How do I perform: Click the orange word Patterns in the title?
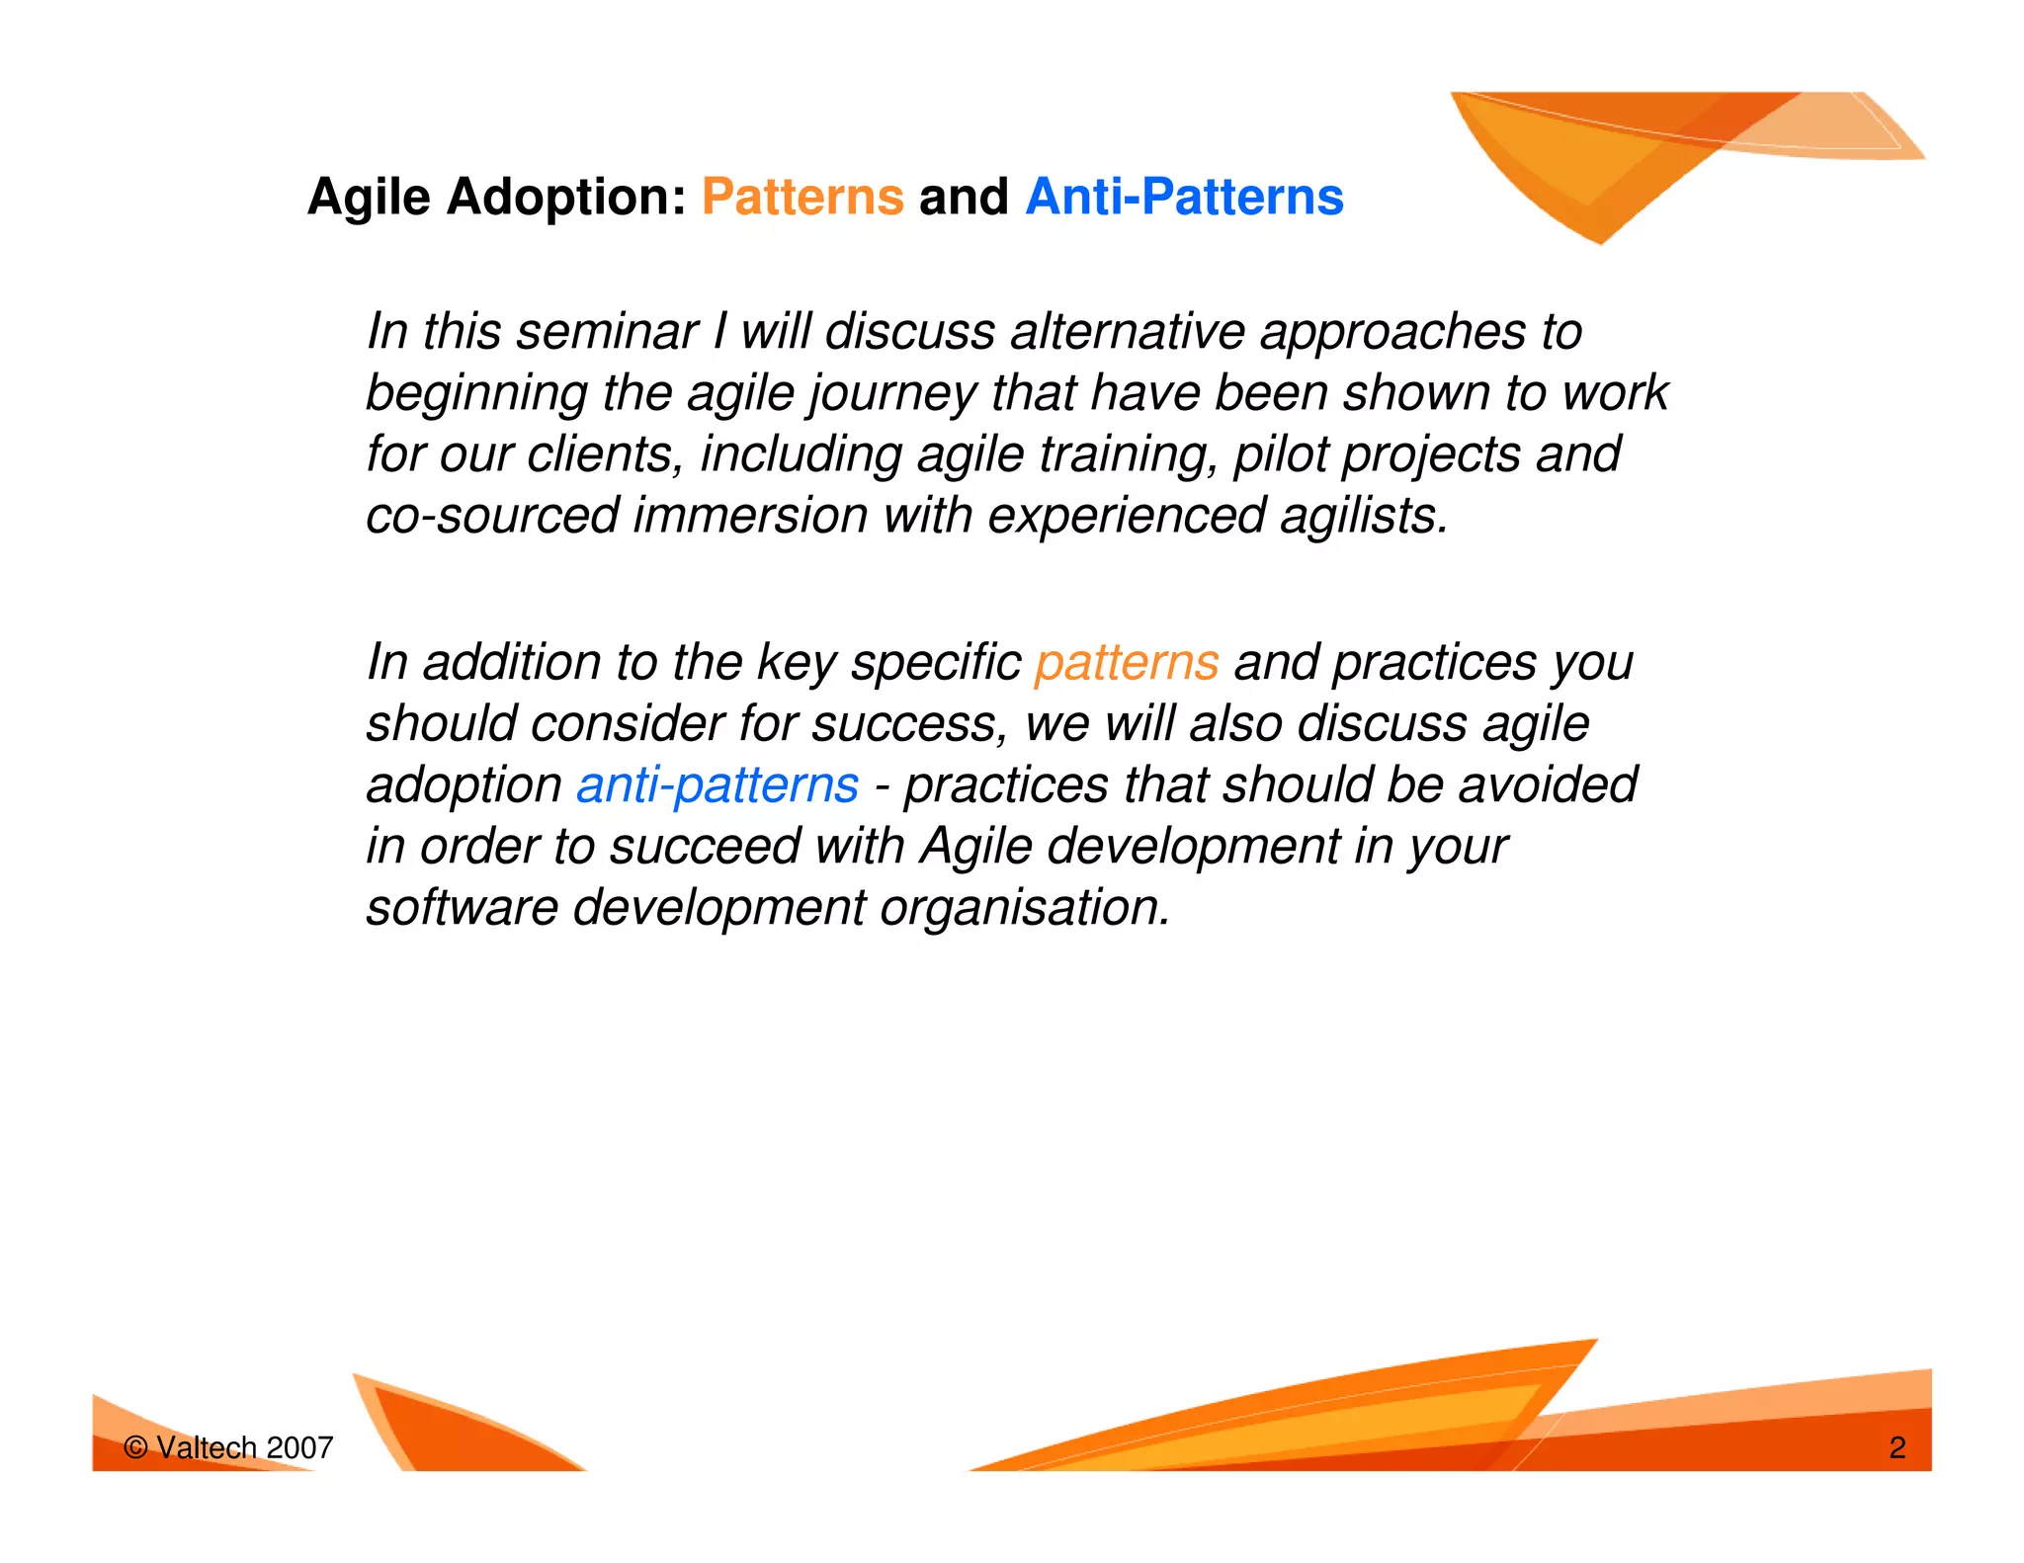click(802, 197)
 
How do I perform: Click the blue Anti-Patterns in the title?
click(1184, 197)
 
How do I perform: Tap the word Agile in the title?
click(369, 197)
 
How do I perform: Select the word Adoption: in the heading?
click(566, 197)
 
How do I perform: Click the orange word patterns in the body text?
click(1126, 662)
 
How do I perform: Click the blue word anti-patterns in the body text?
click(717, 785)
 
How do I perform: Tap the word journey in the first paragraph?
click(891, 393)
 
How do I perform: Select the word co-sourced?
click(491, 516)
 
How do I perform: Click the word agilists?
click(1363, 516)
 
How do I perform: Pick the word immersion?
click(749, 516)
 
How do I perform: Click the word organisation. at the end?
click(1024, 907)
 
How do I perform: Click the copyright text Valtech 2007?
click(229, 1447)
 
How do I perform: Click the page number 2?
click(1897, 1447)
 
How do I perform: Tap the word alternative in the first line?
click(1127, 331)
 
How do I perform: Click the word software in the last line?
click(462, 907)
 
